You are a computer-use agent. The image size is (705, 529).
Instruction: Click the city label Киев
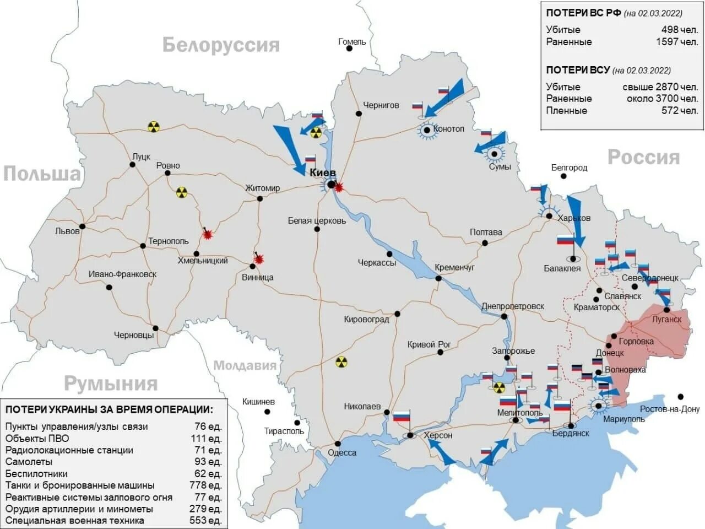(x=322, y=173)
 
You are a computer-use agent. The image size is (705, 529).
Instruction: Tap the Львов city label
(x=67, y=231)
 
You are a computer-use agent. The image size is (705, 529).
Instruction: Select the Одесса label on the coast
(x=342, y=453)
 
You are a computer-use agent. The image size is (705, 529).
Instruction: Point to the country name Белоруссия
(x=221, y=45)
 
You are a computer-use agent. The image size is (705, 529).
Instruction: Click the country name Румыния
(x=111, y=384)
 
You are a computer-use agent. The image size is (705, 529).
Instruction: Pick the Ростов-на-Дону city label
(x=669, y=409)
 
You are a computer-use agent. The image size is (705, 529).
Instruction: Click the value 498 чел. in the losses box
(x=679, y=30)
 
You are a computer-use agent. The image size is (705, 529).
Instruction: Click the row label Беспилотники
(x=36, y=474)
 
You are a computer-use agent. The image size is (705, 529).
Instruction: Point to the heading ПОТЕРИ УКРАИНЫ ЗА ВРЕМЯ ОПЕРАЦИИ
(x=109, y=409)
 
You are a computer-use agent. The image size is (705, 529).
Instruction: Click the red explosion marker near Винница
(x=258, y=259)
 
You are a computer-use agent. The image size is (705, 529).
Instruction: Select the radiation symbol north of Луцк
(x=153, y=127)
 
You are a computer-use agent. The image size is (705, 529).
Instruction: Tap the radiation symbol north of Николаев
(x=341, y=362)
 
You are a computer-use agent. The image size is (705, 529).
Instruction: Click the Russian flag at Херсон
(x=402, y=417)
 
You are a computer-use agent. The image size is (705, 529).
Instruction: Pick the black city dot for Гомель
(x=349, y=48)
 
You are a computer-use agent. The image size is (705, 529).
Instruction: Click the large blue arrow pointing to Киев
(x=290, y=148)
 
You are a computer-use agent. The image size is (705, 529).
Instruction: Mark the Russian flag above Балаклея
(x=565, y=240)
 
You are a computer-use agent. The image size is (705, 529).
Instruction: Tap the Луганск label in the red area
(x=666, y=320)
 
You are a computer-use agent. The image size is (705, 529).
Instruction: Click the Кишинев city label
(x=258, y=402)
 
